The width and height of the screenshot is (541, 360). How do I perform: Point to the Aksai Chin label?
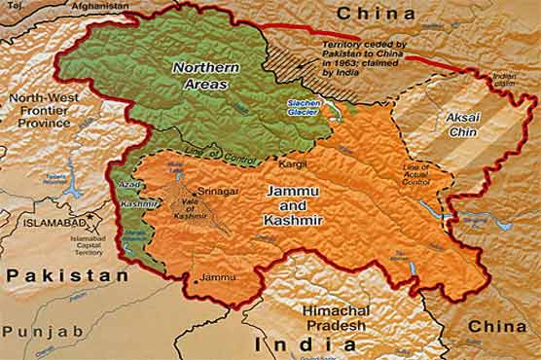click(462, 123)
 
